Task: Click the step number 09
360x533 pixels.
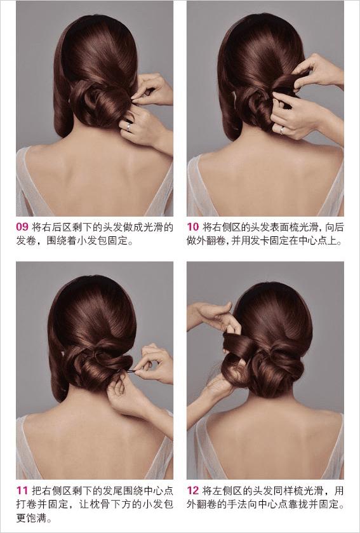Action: [22, 226]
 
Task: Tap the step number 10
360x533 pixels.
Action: [192, 226]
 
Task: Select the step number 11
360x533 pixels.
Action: [22, 490]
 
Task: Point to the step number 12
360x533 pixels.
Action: [192, 490]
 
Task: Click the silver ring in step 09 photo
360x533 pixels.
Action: [128, 126]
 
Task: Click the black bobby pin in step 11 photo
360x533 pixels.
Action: [130, 371]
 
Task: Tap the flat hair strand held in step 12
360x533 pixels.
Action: [239, 343]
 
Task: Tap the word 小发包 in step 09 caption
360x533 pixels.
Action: [90, 241]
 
